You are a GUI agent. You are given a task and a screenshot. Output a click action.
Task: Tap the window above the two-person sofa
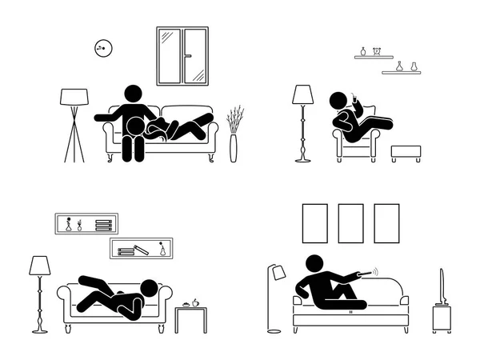pos(182,56)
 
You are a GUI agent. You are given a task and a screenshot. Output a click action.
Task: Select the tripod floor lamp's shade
pos(74,98)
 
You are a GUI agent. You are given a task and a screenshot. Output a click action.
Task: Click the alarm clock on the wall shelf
pos(362,52)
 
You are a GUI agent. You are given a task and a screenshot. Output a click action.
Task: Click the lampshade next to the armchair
pos(303,95)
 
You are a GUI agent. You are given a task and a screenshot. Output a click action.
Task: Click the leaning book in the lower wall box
pos(141,250)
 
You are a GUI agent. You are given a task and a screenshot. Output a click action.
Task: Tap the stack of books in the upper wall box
pos(103,226)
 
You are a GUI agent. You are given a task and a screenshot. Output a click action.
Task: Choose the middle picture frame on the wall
pos(350,222)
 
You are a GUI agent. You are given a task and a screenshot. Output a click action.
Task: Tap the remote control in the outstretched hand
pos(371,273)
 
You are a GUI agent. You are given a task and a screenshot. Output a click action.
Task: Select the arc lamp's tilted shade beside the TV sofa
pos(279,273)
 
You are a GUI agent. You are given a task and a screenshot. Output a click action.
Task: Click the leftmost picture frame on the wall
pos(314,222)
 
